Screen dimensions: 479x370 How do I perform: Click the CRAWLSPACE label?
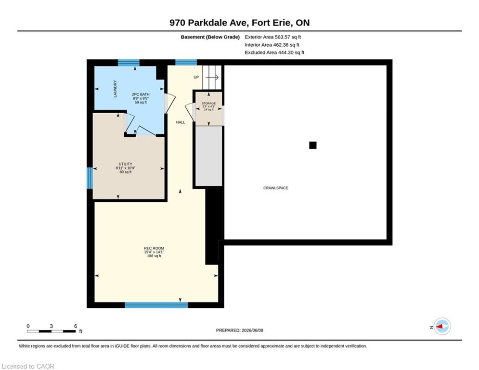click(275, 188)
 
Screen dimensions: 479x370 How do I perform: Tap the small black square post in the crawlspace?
click(312, 145)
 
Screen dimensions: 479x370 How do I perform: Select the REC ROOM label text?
click(154, 248)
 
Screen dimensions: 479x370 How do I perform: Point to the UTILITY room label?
click(126, 164)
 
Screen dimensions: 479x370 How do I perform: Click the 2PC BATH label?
click(141, 94)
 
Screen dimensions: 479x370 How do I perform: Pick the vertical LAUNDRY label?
click(115, 89)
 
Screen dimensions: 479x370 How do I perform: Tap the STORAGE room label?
click(208, 104)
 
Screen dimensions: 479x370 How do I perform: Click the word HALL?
click(181, 122)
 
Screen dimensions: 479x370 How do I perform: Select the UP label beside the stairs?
click(196, 78)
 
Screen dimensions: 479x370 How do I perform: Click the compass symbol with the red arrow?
click(442, 327)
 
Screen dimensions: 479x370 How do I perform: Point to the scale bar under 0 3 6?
click(52, 331)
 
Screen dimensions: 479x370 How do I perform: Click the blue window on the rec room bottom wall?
click(156, 305)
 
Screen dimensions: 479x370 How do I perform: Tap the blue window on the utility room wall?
click(90, 178)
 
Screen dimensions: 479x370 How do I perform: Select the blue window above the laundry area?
click(129, 63)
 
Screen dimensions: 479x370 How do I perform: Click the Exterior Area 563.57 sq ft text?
click(273, 37)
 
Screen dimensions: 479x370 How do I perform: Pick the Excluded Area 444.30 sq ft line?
click(274, 53)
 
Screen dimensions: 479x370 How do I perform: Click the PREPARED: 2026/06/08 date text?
click(240, 330)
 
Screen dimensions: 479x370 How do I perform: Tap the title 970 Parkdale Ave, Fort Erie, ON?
click(240, 23)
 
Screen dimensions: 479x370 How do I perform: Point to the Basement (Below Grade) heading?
click(210, 37)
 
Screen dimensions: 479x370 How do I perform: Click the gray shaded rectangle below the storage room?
click(208, 156)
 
